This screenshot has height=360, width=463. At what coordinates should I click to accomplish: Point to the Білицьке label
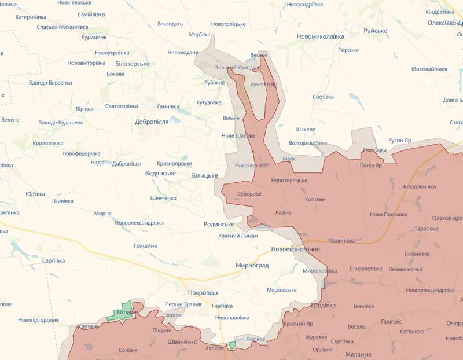204,175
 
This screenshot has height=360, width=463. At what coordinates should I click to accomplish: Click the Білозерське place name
133,64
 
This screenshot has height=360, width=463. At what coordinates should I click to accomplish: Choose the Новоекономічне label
296,249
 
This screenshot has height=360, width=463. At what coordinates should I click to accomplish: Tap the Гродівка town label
323,305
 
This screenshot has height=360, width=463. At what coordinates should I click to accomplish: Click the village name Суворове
249,193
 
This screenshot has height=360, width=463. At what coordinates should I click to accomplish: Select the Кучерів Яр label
264,84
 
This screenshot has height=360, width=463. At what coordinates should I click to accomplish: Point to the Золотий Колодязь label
238,68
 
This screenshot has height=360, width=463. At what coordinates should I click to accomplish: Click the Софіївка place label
323,97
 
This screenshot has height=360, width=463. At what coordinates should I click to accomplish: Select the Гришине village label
145,246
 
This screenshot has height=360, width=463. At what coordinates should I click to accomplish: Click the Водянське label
145,173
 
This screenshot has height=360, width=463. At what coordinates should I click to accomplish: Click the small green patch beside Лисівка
232,345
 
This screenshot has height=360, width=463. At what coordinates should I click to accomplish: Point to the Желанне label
358,354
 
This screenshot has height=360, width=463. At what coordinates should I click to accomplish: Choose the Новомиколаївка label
320,36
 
